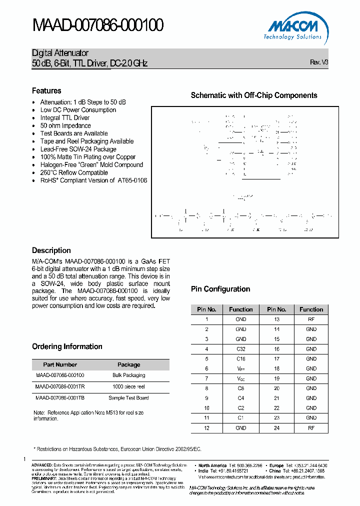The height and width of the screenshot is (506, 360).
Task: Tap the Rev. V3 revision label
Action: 319,62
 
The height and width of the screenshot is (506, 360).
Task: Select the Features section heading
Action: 46,90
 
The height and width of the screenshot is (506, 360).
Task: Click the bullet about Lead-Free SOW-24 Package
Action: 78,149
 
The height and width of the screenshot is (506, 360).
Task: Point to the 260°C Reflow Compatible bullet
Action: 74,172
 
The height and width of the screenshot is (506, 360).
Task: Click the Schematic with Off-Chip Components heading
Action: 254,95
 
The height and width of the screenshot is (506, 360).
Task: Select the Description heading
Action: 51,250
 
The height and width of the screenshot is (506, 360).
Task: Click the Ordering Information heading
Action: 67,346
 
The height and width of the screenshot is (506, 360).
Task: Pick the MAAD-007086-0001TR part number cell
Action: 60,386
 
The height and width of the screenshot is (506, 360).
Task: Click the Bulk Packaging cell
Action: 128,375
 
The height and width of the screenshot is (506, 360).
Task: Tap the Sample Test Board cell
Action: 128,398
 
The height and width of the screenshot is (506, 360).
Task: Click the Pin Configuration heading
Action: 220,289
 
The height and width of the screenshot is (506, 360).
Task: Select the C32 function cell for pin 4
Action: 240,349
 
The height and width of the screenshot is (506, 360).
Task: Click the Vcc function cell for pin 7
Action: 240,378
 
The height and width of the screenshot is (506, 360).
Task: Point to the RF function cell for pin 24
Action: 311,428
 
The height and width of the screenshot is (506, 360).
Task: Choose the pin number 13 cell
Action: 276,319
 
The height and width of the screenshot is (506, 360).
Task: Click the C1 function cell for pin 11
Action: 240,418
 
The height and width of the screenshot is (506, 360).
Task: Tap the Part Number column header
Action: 60,364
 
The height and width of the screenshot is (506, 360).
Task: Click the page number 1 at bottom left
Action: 23,459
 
